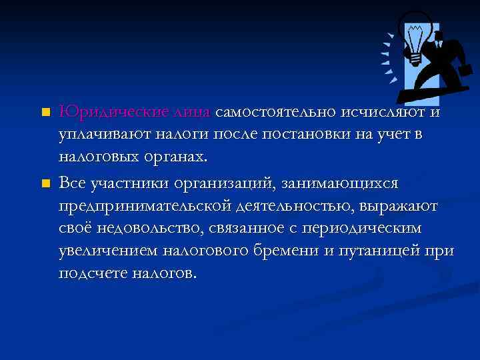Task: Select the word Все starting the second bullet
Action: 73,181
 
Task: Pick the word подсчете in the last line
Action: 91,275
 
